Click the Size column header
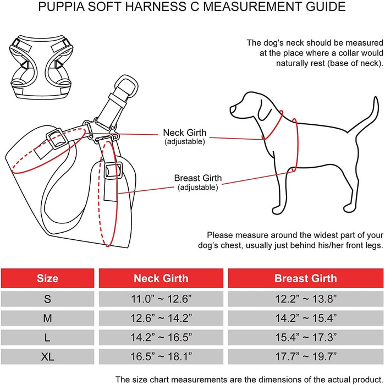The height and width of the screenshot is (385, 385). [x=47, y=279]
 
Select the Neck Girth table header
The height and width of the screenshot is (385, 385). [x=161, y=279]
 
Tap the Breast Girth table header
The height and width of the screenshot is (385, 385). [x=305, y=279]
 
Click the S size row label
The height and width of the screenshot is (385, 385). [x=47, y=299]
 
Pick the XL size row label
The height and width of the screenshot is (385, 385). [x=47, y=356]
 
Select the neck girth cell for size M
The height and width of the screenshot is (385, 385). [x=161, y=318]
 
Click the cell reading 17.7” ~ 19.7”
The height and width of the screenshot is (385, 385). [x=305, y=356]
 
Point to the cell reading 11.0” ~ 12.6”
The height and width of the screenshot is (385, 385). [x=161, y=299]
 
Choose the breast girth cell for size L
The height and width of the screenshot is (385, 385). [x=305, y=337]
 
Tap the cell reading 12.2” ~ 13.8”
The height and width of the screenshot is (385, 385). [x=305, y=299]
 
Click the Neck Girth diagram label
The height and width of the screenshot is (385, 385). [x=185, y=133]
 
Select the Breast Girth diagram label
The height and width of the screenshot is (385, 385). [x=198, y=178]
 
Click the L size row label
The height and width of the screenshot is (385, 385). [x=47, y=337]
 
